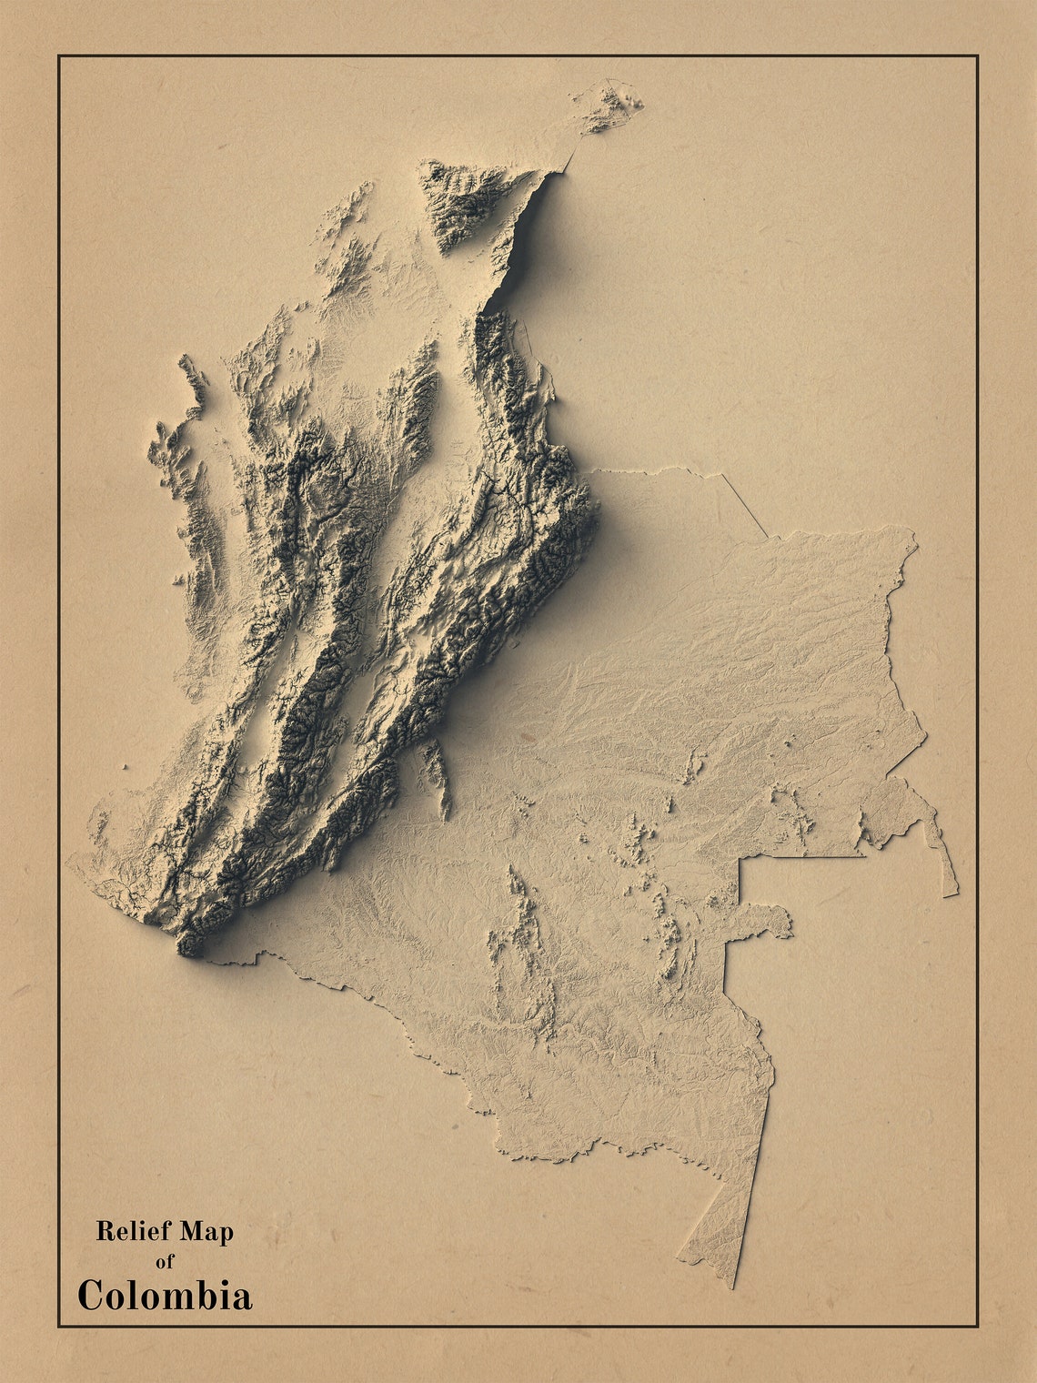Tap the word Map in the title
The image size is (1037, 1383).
coord(206,1232)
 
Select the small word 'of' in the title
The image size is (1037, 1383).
coord(165,1262)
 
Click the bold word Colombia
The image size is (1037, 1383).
coord(165,1296)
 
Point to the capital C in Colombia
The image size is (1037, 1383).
coord(90,1296)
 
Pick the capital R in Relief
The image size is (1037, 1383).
coord(105,1232)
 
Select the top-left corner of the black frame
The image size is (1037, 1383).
coord(59,56)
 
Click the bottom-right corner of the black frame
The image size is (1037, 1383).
coord(977,1326)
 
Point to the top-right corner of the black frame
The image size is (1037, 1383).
coord(977,56)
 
